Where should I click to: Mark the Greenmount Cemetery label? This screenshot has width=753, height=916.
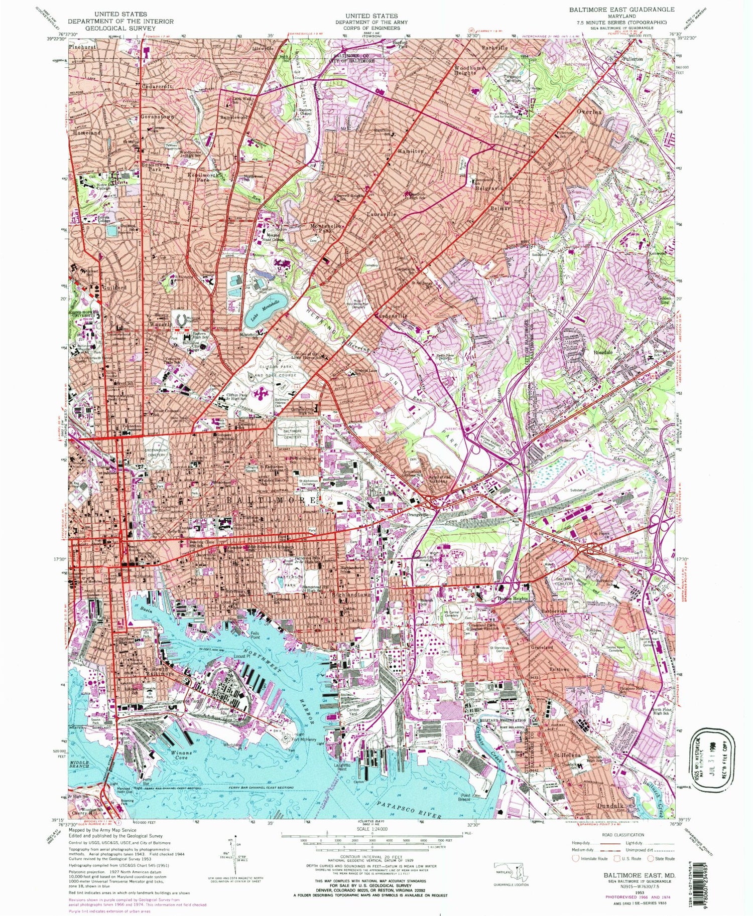coord(156,453)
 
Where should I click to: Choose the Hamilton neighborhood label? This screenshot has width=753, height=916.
coord(411,150)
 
